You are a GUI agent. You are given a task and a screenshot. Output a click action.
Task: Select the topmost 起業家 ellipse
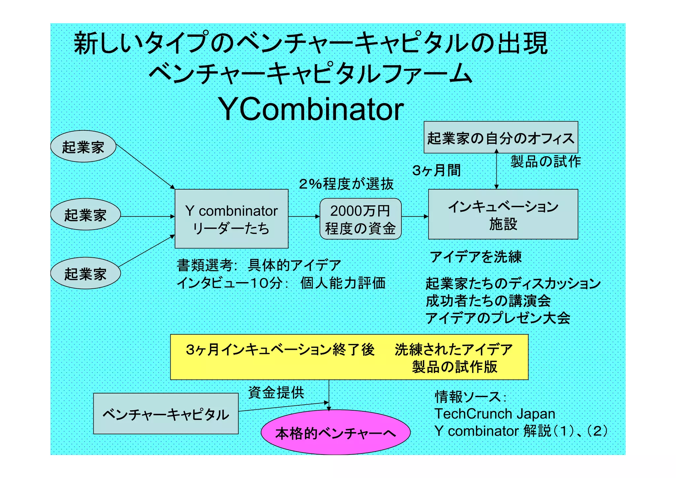coord(83,146)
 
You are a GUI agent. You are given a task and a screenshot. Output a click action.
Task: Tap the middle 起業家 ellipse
coord(85,215)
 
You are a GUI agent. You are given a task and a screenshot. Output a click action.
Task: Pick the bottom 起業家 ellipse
coord(85,274)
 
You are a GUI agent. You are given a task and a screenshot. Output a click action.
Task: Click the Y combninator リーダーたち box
coord(231,219)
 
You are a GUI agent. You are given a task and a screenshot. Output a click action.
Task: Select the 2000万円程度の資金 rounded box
coord(360,219)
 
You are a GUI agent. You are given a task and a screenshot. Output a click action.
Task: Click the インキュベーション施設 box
coord(503,214)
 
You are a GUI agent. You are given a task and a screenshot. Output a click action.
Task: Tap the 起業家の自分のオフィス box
coord(500,137)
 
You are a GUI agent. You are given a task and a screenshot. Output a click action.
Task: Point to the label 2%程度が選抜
coord(346,184)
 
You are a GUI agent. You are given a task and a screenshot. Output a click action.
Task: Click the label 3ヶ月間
coord(436,170)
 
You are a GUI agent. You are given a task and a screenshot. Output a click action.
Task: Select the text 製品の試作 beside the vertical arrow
coord(545,162)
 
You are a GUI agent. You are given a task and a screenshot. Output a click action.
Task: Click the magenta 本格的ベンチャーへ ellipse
coord(335,432)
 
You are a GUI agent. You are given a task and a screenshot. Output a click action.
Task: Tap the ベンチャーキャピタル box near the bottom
coord(166,414)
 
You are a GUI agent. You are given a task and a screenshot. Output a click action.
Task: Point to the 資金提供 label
coord(276,392)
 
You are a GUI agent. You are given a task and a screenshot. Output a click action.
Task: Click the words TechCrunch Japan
coord(494,414)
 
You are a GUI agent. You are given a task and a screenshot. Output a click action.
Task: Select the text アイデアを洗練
coord(475,257)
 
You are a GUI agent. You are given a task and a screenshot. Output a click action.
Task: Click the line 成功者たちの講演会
coord(488,301)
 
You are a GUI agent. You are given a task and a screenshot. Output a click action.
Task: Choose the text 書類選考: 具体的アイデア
coord(259,265)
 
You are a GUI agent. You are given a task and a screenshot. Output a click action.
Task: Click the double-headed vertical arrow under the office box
coord(496,170)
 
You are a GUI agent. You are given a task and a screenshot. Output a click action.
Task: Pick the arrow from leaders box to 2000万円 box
coord(304,217)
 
